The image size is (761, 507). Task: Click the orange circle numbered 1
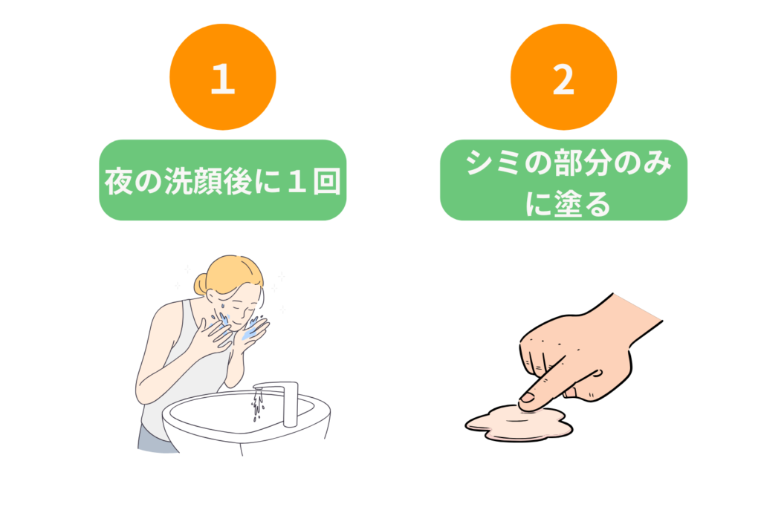pyautogui.click(x=223, y=77)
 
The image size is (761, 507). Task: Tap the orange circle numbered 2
pyautogui.click(x=563, y=77)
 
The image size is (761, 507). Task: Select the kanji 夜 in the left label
pyautogui.click(x=119, y=181)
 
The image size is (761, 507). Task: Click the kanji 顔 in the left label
pyautogui.click(x=207, y=181)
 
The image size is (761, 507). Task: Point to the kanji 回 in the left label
pyautogui.click(x=326, y=181)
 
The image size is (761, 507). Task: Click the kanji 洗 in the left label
pyautogui.click(x=178, y=181)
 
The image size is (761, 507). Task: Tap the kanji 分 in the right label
pyautogui.click(x=595, y=163)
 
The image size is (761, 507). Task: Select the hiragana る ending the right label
pyautogui.click(x=595, y=203)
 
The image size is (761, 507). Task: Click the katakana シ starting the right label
pyautogui.click(x=479, y=163)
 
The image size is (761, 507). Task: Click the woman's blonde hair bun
pyautogui.click(x=200, y=284)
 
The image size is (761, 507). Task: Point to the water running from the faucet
pyautogui.click(x=258, y=405)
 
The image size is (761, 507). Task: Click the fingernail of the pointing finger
pyautogui.click(x=527, y=399)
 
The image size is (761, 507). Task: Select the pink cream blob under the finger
pyautogui.click(x=519, y=423)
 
